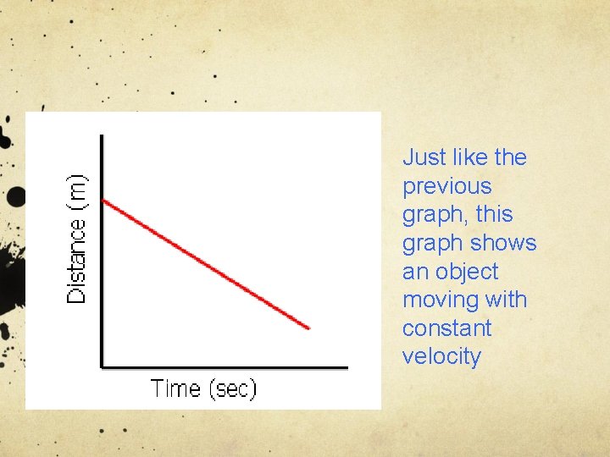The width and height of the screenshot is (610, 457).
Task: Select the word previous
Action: pyautogui.click(x=446, y=186)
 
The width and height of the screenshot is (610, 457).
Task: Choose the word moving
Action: pyautogui.click(x=440, y=300)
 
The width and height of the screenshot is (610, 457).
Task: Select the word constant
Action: pyautogui.click(x=446, y=328)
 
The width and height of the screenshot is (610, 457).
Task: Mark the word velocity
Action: pyautogui.click(x=441, y=356)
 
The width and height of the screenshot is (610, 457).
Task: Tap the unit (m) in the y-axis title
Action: pyautogui.click(x=78, y=192)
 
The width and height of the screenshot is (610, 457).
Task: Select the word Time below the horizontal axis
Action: pyautogui.click(x=175, y=389)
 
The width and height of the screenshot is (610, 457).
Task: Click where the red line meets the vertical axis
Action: pyautogui.click(x=103, y=200)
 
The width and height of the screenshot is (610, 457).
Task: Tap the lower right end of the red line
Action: pyautogui.click(x=309, y=328)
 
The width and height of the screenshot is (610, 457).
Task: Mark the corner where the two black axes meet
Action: pyautogui.click(x=103, y=366)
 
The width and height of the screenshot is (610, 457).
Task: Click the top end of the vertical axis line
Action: pyautogui.click(x=103, y=135)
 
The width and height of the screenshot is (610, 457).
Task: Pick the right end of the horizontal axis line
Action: pyautogui.click(x=347, y=366)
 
